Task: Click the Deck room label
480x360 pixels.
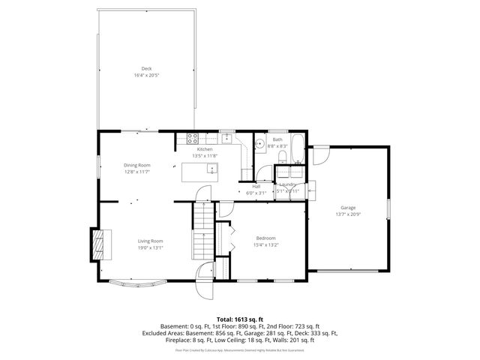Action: click(146, 69)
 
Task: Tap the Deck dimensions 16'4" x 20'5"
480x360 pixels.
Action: click(146, 75)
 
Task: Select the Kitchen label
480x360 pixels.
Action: click(205, 150)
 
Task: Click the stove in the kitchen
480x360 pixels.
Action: click(191, 138)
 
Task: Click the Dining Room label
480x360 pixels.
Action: click(137, 165)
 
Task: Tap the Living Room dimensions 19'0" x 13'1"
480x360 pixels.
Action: click(150, 247)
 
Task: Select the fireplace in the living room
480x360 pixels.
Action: click(97, 242)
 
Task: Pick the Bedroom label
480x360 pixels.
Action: click(266, 238)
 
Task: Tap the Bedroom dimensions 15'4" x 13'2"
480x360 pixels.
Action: click(266, 244)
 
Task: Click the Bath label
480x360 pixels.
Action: click(277, 139)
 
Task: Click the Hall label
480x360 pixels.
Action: click(256, 187)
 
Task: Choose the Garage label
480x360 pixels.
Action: click(348, 208)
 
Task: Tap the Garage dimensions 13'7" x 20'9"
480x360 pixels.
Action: click(348, 214)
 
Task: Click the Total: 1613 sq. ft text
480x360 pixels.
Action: click(240, 319)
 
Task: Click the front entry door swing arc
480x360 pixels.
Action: click(205, 289)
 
